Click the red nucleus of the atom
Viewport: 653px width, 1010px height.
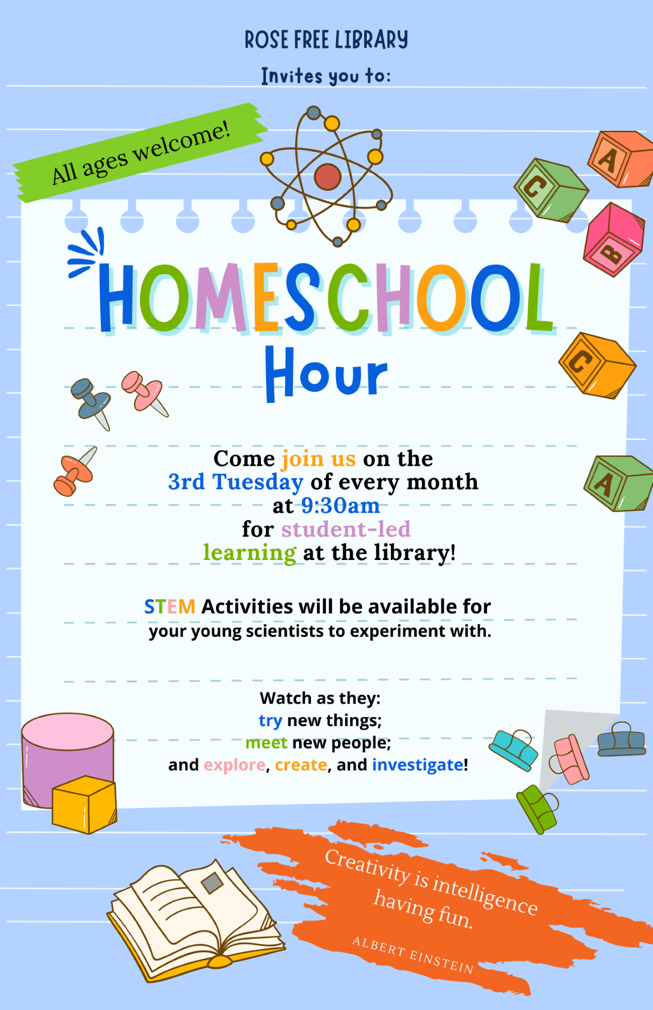(x=328, y=177)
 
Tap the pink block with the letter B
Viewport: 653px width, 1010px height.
(x=613, y=240)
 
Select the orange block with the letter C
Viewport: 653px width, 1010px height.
(x=597, y=365)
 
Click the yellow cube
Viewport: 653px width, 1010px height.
(x=85, y=805)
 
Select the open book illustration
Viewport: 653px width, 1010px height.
(x=196, y=920)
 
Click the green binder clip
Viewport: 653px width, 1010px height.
(x=537, y=809)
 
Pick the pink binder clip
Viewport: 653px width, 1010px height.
(x=569, y=759)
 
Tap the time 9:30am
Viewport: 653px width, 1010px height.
(x=341, y=506)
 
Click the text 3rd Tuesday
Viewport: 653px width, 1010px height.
(x=236, y=482)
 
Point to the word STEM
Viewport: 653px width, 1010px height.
(x=169, y=607)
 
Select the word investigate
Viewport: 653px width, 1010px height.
(x=418, y=765)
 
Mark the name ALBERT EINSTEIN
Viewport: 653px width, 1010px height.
(x=413, y=955)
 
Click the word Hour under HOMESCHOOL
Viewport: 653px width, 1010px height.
(x=326, y=374)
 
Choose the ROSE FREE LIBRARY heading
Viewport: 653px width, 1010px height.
(x=326, y=40)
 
